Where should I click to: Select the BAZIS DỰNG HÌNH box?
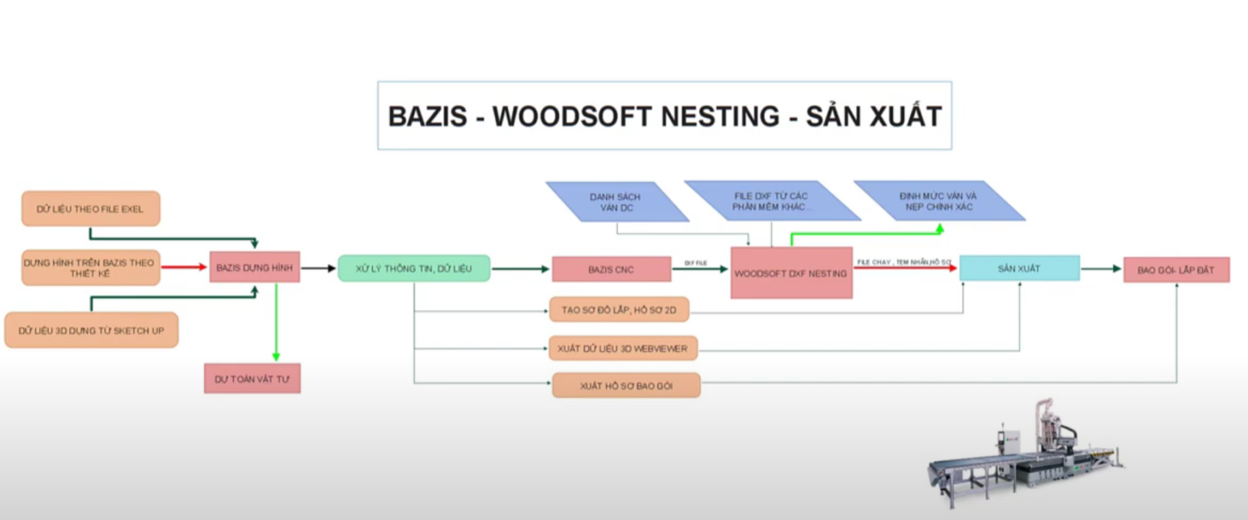tap(254, 267)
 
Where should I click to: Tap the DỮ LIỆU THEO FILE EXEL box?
tap(90, 209)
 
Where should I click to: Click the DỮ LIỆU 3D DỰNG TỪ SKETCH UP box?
tap(91, 330)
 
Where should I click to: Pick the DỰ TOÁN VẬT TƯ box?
tap(252, 379)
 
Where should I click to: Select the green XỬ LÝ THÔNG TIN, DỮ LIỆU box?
tap(414, 268)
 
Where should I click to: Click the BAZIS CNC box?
tap(611, 269)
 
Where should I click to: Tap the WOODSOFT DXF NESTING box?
tap(791, 273)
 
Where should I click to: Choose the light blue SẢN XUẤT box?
tap(1019, 268)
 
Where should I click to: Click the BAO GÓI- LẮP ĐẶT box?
tap(1176, 270)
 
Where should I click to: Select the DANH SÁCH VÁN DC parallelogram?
tap(617, 201)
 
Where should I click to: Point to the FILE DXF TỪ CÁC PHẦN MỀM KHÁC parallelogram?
tap(771, 201)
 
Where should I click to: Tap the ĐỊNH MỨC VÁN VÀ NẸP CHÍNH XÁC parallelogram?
tap(938, 201)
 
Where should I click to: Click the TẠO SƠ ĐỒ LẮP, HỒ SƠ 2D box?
tap(624, 310)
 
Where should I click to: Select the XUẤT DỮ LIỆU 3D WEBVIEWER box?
tap(623, 349)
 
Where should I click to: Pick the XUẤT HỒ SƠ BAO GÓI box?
tap(626, 385)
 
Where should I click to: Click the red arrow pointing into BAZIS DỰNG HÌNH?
tap(184, 266)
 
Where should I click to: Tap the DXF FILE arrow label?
tap(695, 262)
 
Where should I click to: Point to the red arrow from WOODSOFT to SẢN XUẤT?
tap(905, 267)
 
